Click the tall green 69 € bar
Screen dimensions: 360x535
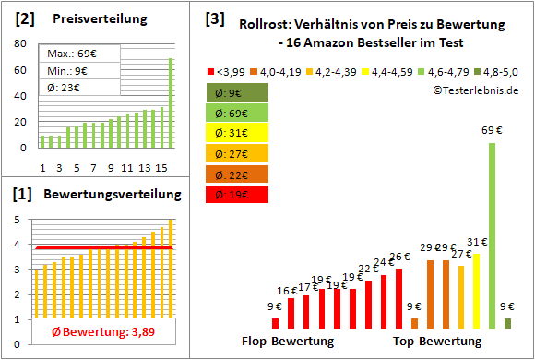pyautogui.click(x=492, y=235)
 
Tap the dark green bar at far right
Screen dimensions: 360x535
pyautogui.click(x=507, y=322)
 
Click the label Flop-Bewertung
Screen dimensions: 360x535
pyautogui.click(x=288, y=342)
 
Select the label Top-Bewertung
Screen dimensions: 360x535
pyautogui.click(x=437, y=342)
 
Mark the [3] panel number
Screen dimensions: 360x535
pyautogui.click(x=214, y=18)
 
